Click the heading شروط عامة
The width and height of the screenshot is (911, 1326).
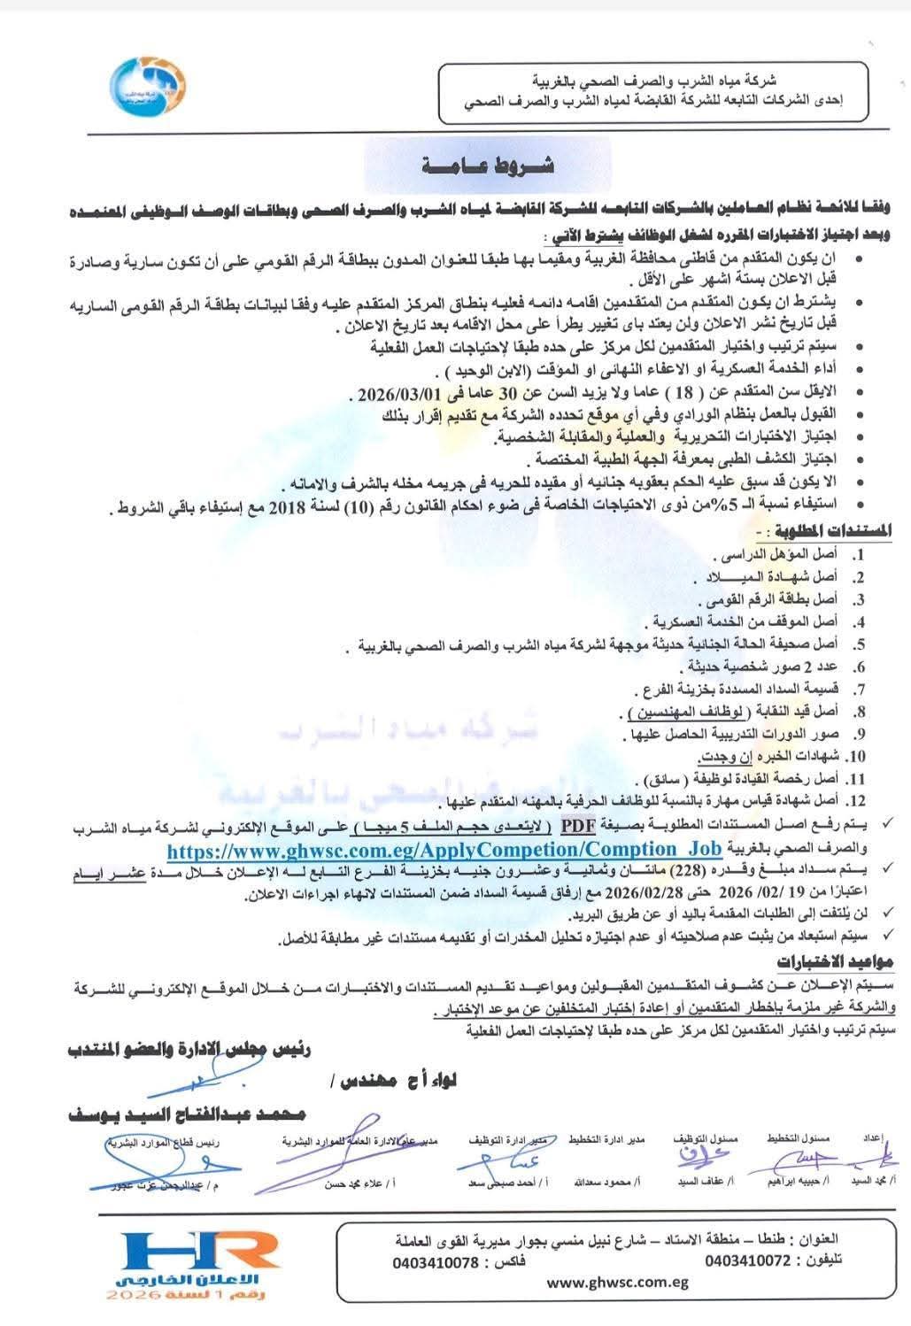tap(487, 166)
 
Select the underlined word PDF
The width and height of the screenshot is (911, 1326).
tap(576, 827)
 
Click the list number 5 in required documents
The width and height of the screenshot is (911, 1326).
tap(859, 645)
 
